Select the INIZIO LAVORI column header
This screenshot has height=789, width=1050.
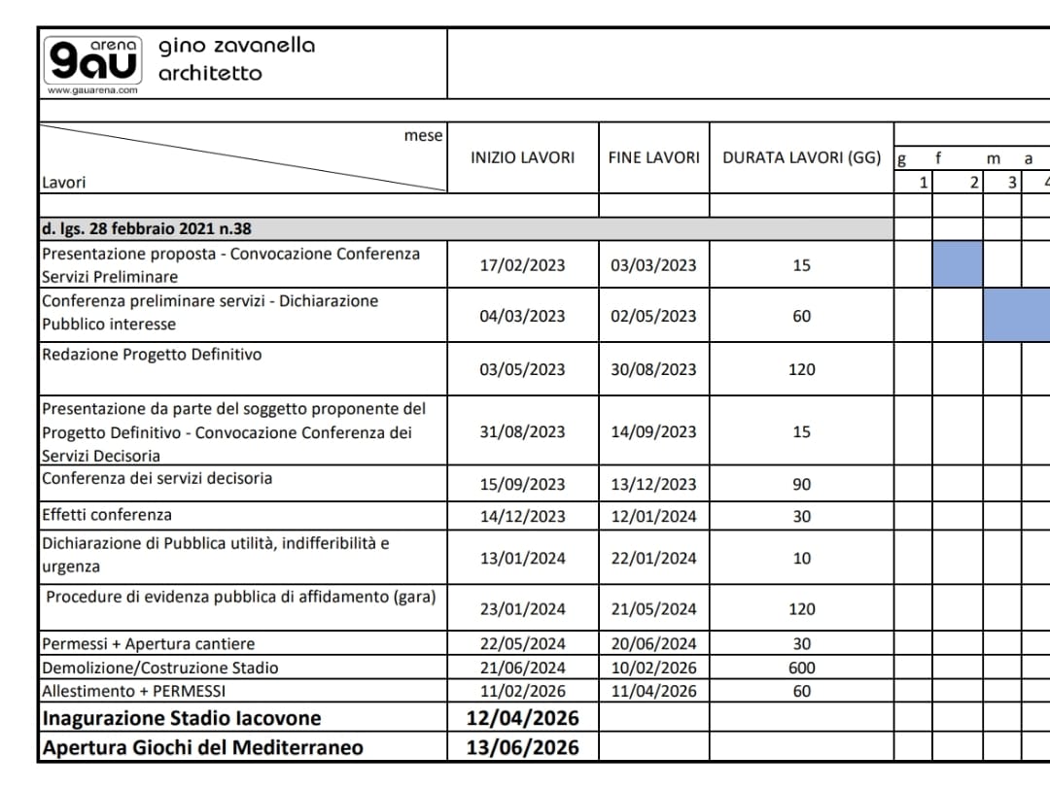coord(522,157)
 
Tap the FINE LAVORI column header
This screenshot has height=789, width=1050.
coord(653,157)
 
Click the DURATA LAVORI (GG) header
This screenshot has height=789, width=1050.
coord(801,157)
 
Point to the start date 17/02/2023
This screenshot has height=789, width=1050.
coord(522,265)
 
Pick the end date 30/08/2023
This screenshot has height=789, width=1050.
coord(653,369)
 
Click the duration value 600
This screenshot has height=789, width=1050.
coord(801,668)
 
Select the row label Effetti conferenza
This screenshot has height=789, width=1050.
coord(107,514)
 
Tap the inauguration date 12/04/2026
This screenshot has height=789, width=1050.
coord(522,718)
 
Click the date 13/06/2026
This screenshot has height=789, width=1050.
coord(522,747)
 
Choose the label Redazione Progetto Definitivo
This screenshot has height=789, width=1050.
coord(152,355)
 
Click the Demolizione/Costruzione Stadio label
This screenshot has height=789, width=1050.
coord(159,668)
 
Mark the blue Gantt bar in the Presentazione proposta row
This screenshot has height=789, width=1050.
coord(957,264)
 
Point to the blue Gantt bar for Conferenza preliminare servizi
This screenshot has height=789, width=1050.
coord(1017,315)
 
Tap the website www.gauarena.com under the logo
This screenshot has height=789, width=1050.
coord(92,90)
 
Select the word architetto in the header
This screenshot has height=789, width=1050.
coord(210,73)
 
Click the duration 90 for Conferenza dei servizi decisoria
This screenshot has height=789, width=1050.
coord(801,485)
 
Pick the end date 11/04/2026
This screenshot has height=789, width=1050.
coord(653,692)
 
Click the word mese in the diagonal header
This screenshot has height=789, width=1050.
coord(423,136)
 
